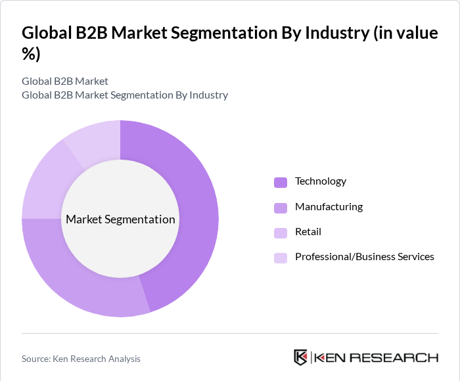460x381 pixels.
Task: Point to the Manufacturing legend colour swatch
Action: point(281,208)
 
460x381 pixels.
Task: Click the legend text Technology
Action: point(320,181)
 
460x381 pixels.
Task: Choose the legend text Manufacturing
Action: point(329,207)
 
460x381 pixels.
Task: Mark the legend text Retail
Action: point(308,232)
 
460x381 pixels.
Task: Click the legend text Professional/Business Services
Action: point(364,257)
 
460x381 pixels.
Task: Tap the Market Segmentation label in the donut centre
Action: point(120,219)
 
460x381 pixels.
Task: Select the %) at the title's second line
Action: point(31,55)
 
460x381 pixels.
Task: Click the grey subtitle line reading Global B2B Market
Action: point(65,81)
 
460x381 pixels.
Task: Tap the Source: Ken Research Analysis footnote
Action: point(81,359)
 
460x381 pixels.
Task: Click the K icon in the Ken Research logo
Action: point(301,357)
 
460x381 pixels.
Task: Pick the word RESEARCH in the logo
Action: point(394,358)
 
